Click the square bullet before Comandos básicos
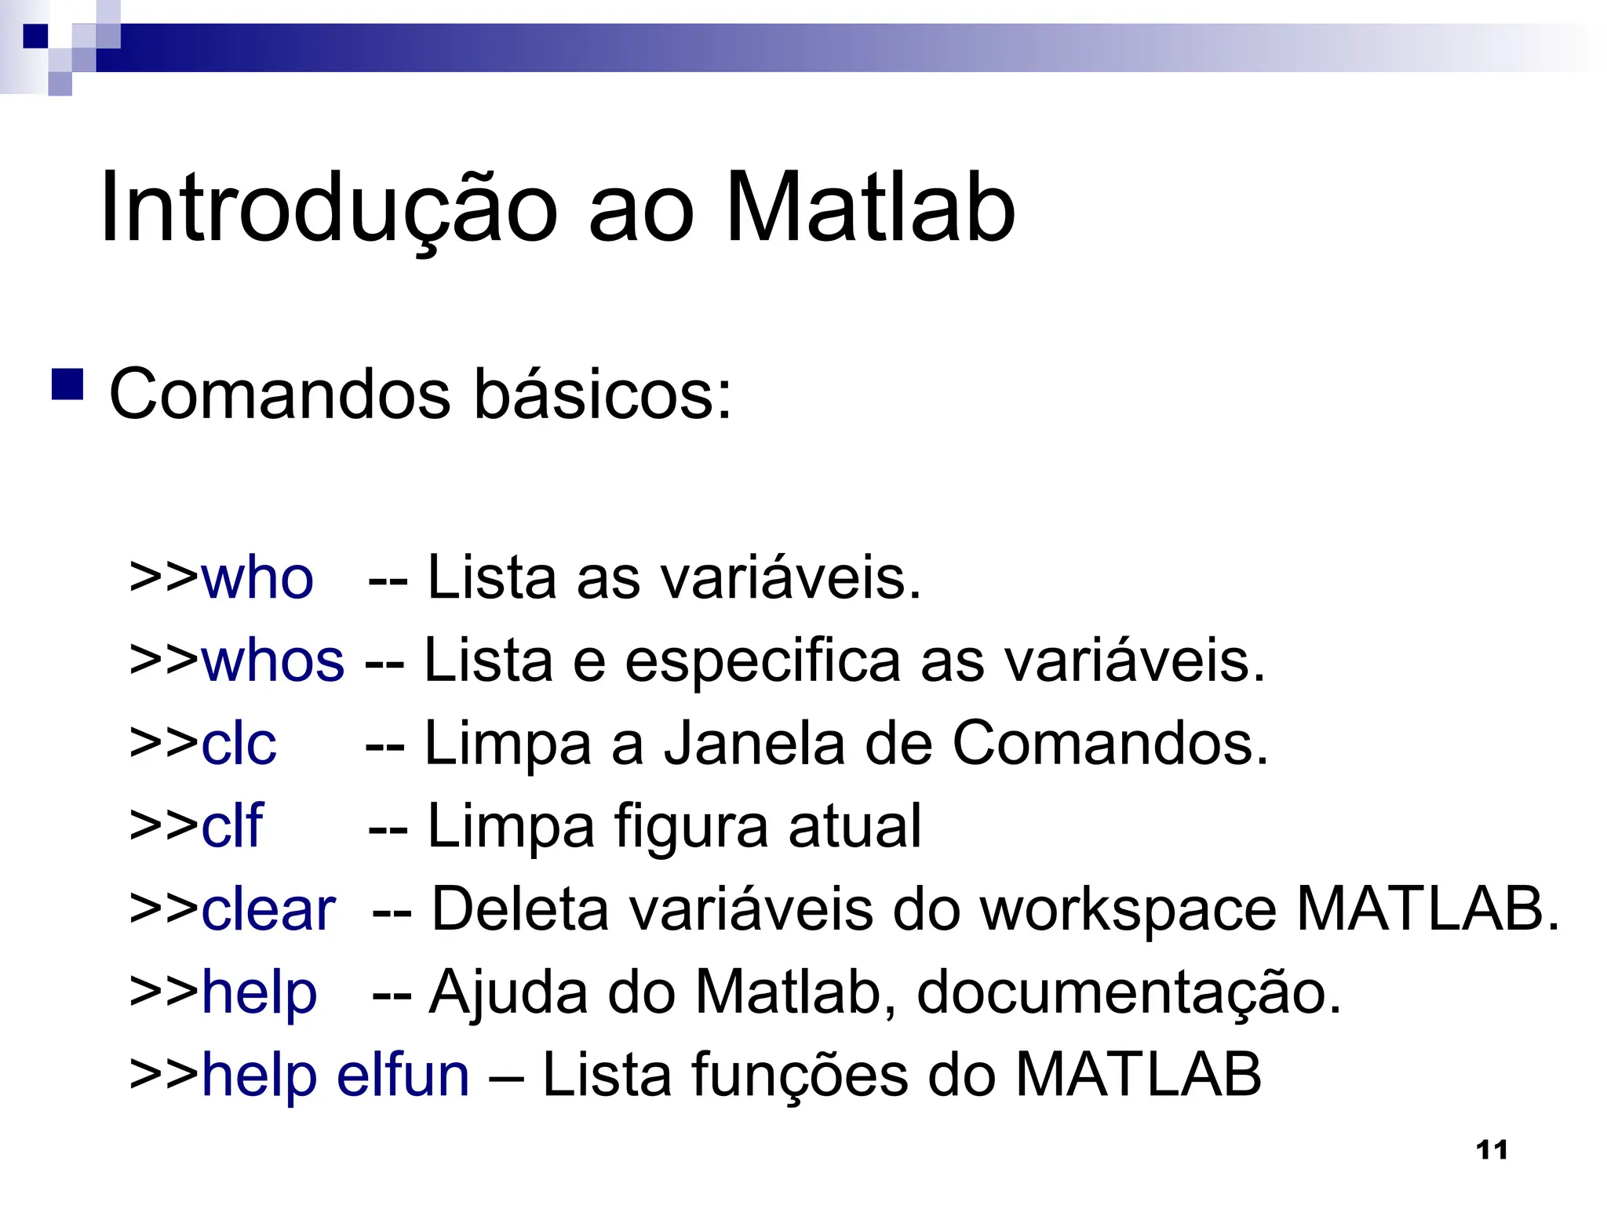(x=67, y=384)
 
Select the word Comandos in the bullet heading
(x=279, y=394)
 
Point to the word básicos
(x=603, y=394)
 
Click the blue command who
(x=257, y=578)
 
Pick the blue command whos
(x=272, y=661)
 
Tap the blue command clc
(x=239, y=743)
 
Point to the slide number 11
(x=1492, y=1150)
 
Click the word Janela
(x=755, y=743)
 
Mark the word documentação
(x=1128, y=992)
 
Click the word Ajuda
(x=508, y=992)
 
